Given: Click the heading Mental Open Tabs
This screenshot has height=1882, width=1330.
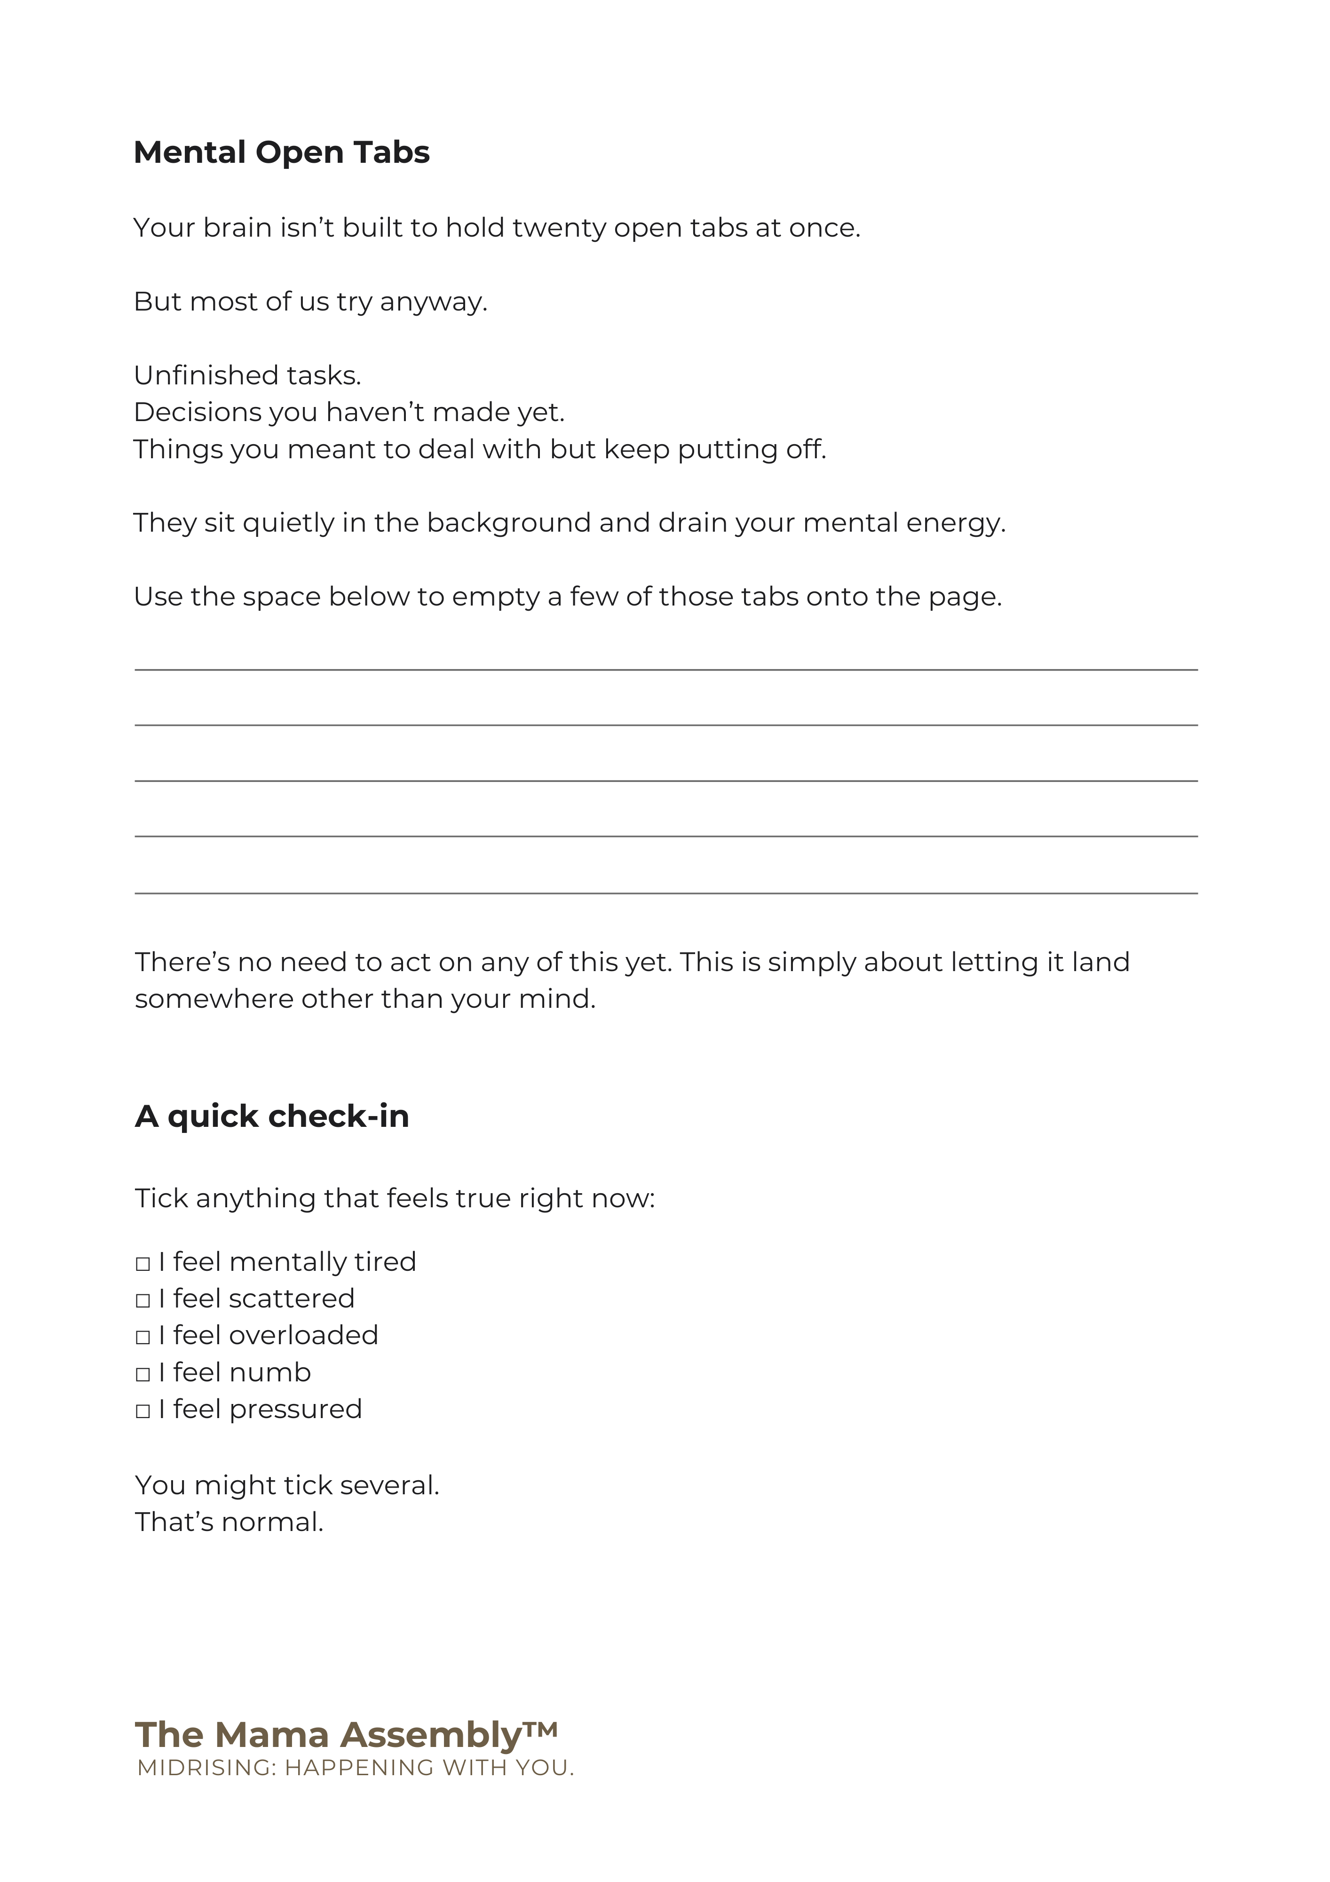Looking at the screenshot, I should click(281, 152).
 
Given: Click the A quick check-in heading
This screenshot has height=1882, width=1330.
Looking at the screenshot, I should click(271, 1116).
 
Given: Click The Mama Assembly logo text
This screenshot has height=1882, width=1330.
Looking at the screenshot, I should click(328, 1735).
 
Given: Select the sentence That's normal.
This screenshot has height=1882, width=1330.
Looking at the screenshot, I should click(230, 1522).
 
